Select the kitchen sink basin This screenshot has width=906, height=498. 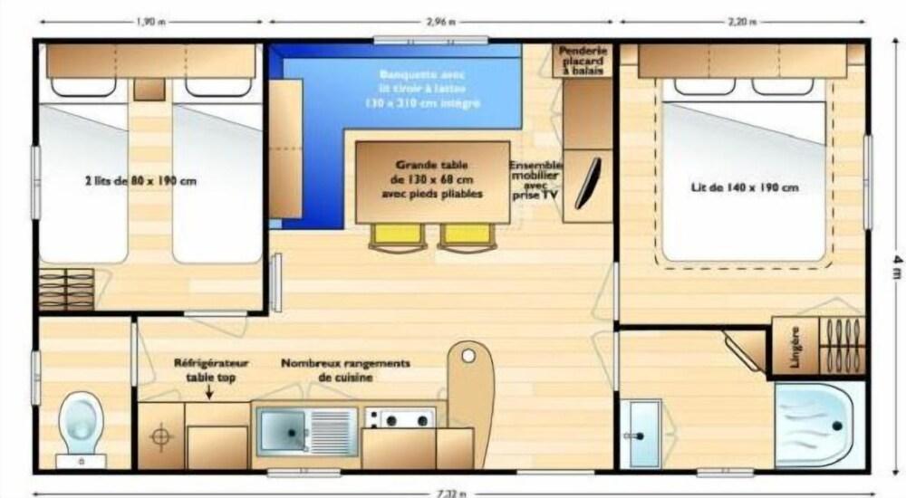tap(283, 431)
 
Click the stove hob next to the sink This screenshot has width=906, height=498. tap(400, 418)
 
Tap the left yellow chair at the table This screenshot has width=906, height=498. tap(397, 235)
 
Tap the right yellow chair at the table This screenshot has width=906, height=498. tap(465, 235)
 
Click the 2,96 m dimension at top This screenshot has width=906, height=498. tap(440, 21)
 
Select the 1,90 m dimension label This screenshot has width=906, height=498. tap(149, 21)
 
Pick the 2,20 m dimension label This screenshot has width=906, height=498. tap(741, 21)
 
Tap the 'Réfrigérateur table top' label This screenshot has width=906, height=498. tap(210, 369)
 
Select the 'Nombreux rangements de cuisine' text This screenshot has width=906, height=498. tap(345, 369)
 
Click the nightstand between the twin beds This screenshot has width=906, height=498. tap(148, 89)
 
